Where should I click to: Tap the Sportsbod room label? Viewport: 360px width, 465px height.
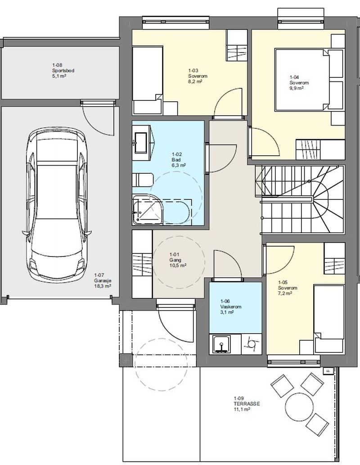coord(63,71)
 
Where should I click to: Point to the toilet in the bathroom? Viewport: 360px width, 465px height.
coord(143,180)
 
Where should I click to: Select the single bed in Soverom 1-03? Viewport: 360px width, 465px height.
coord(148,80)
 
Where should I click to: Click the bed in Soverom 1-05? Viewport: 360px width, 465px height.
coord(329,319)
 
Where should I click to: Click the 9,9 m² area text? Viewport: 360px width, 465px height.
coord(297,88)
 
